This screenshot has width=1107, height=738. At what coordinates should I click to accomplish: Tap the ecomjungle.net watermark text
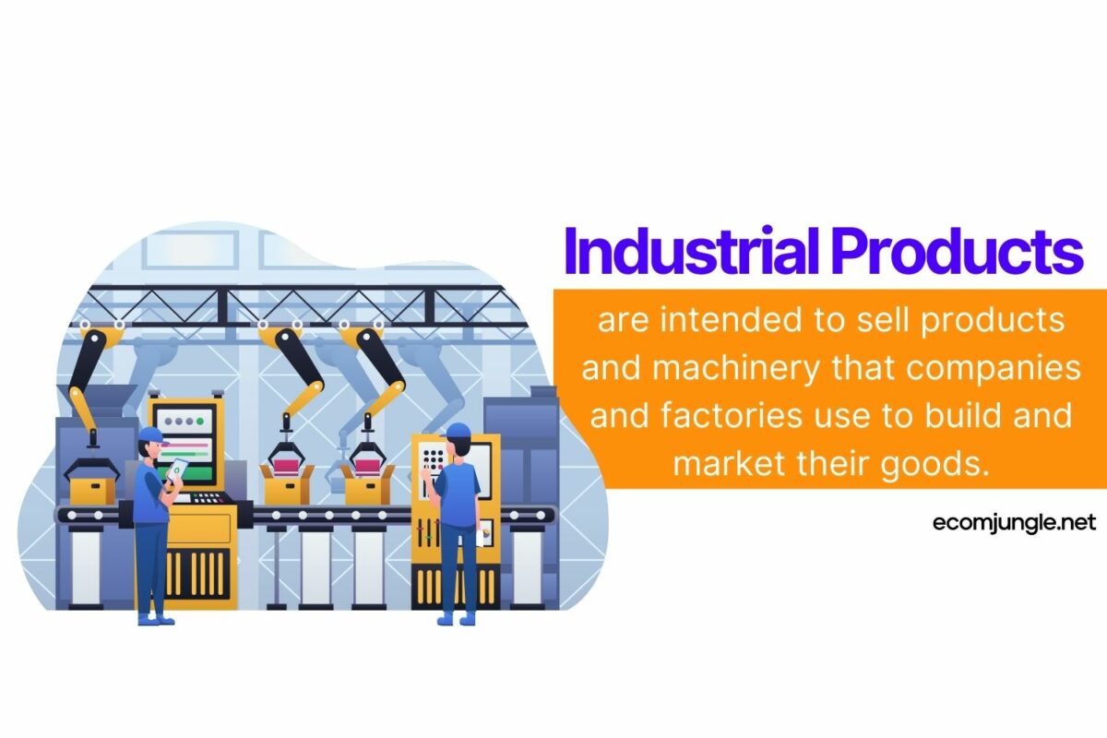pos(1012,523)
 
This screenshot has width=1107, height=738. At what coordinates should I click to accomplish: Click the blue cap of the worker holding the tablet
pos(149,434)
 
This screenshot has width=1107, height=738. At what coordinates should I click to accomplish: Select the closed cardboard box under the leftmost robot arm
pos(90,486)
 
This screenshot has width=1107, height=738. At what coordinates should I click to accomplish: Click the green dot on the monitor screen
pos(200,420)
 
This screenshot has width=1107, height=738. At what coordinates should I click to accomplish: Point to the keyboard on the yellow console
pos(208,498)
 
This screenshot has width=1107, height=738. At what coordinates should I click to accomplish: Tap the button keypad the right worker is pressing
pos(432,460)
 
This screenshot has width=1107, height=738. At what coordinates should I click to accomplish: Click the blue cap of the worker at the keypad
pos(456,431)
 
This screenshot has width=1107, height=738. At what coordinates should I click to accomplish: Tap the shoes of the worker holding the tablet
pos(155,619)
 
